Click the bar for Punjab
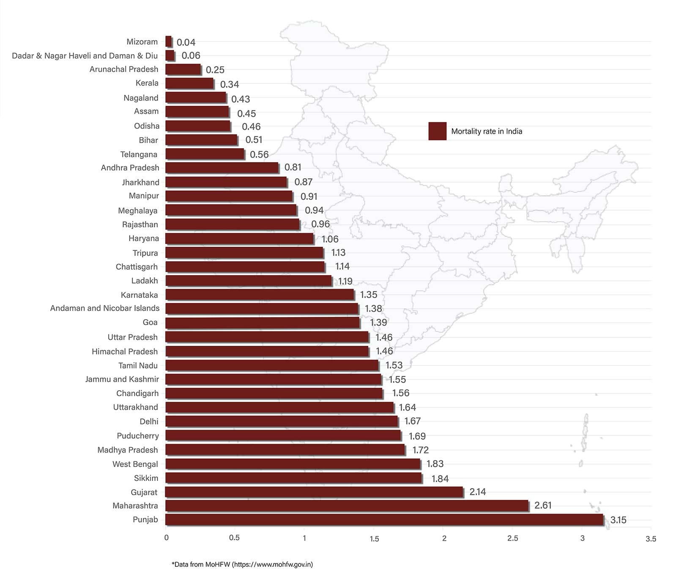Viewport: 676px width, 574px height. [384, 519]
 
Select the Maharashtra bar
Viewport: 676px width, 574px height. [347, 505]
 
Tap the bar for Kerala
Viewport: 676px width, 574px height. [189, 83]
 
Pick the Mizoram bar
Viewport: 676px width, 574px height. [169, 41]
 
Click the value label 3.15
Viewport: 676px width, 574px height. [618, 520]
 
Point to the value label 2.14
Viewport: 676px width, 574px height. [477, 492]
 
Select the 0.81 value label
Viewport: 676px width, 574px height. [293, 168]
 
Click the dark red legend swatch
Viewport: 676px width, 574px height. [437, 131]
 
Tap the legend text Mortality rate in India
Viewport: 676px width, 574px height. [487, 132]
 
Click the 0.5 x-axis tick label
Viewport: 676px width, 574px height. [234, 538]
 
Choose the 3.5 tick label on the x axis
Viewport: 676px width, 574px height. [651, 539]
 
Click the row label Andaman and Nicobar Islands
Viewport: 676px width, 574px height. [105, 308]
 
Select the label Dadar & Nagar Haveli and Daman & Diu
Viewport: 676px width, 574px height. [85, 56]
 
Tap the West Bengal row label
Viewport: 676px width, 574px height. [135, 464]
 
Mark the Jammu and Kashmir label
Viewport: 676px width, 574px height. [122, 379]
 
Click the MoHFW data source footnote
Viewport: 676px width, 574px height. [242, 564]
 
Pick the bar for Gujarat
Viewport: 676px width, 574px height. [314, 492]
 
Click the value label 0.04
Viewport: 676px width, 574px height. [186, 42]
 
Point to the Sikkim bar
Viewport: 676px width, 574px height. [293, 478]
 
